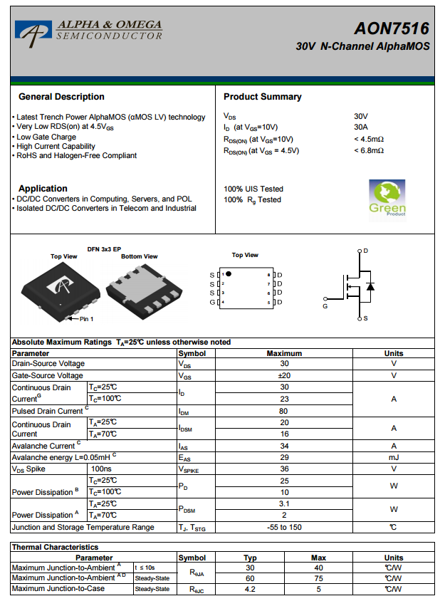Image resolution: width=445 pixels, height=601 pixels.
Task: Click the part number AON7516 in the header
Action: click(392, 28)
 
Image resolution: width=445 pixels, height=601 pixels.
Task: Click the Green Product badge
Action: click(387, 198)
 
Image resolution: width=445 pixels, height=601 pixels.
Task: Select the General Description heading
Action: click(61, 97)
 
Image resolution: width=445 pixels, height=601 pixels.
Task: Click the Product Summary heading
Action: click(262, 97)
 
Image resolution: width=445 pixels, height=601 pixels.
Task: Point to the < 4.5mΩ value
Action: click(369, 139)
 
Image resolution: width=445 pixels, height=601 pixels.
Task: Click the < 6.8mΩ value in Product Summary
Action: click(369, 150)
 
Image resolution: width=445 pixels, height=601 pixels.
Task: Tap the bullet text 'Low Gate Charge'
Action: click(46, 137)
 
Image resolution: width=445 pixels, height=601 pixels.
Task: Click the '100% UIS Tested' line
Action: click(253, 189)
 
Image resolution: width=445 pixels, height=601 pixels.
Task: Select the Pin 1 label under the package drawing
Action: click(86, 318)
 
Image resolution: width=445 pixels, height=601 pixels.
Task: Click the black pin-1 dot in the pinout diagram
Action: click(229, 273)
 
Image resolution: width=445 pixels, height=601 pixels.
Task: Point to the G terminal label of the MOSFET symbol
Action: click(325, 306)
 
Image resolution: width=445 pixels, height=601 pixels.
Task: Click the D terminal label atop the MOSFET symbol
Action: click(365, 251)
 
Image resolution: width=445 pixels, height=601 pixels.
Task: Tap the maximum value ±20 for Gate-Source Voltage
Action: click(284, 376)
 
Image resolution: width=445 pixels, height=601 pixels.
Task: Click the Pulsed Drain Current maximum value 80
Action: click(284, 411)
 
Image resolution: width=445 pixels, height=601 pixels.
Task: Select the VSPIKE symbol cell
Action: click(191, 469)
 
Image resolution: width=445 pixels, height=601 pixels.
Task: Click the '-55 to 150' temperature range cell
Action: click(284, 528)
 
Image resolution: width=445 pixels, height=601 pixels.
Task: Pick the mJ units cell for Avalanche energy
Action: click(393, 458)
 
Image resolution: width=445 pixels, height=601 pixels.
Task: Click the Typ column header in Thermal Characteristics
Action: click(250, 558)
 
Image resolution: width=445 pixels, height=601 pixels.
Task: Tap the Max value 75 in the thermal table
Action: click(318, 578)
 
